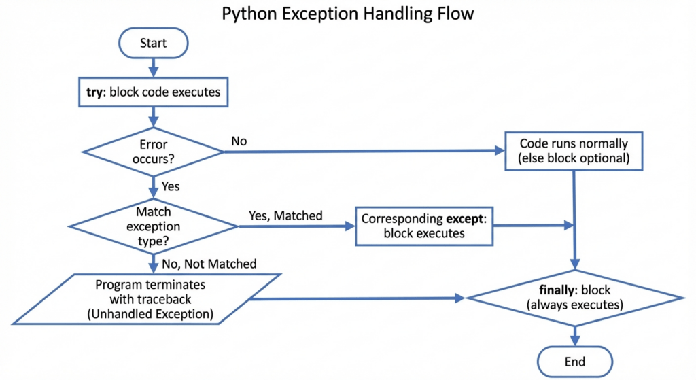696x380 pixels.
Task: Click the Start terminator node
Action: pos(153,44)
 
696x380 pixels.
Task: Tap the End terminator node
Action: pos(575,361)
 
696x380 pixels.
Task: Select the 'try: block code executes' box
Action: pos(153,92)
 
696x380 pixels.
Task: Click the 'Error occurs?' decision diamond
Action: pos(153,152)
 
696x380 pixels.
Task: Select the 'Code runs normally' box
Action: pos(575,151)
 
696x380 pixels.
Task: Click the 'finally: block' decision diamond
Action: pos(575,298)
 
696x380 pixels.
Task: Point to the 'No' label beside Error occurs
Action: pos(239,141)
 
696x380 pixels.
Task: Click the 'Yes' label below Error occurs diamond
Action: pos(171,185)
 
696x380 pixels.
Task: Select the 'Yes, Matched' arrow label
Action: pos(286,216)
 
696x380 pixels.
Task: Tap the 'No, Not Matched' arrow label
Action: pos(209,263)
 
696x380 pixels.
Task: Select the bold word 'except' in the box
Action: pos(466,219)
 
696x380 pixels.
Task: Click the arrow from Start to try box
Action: pos(153,67)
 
